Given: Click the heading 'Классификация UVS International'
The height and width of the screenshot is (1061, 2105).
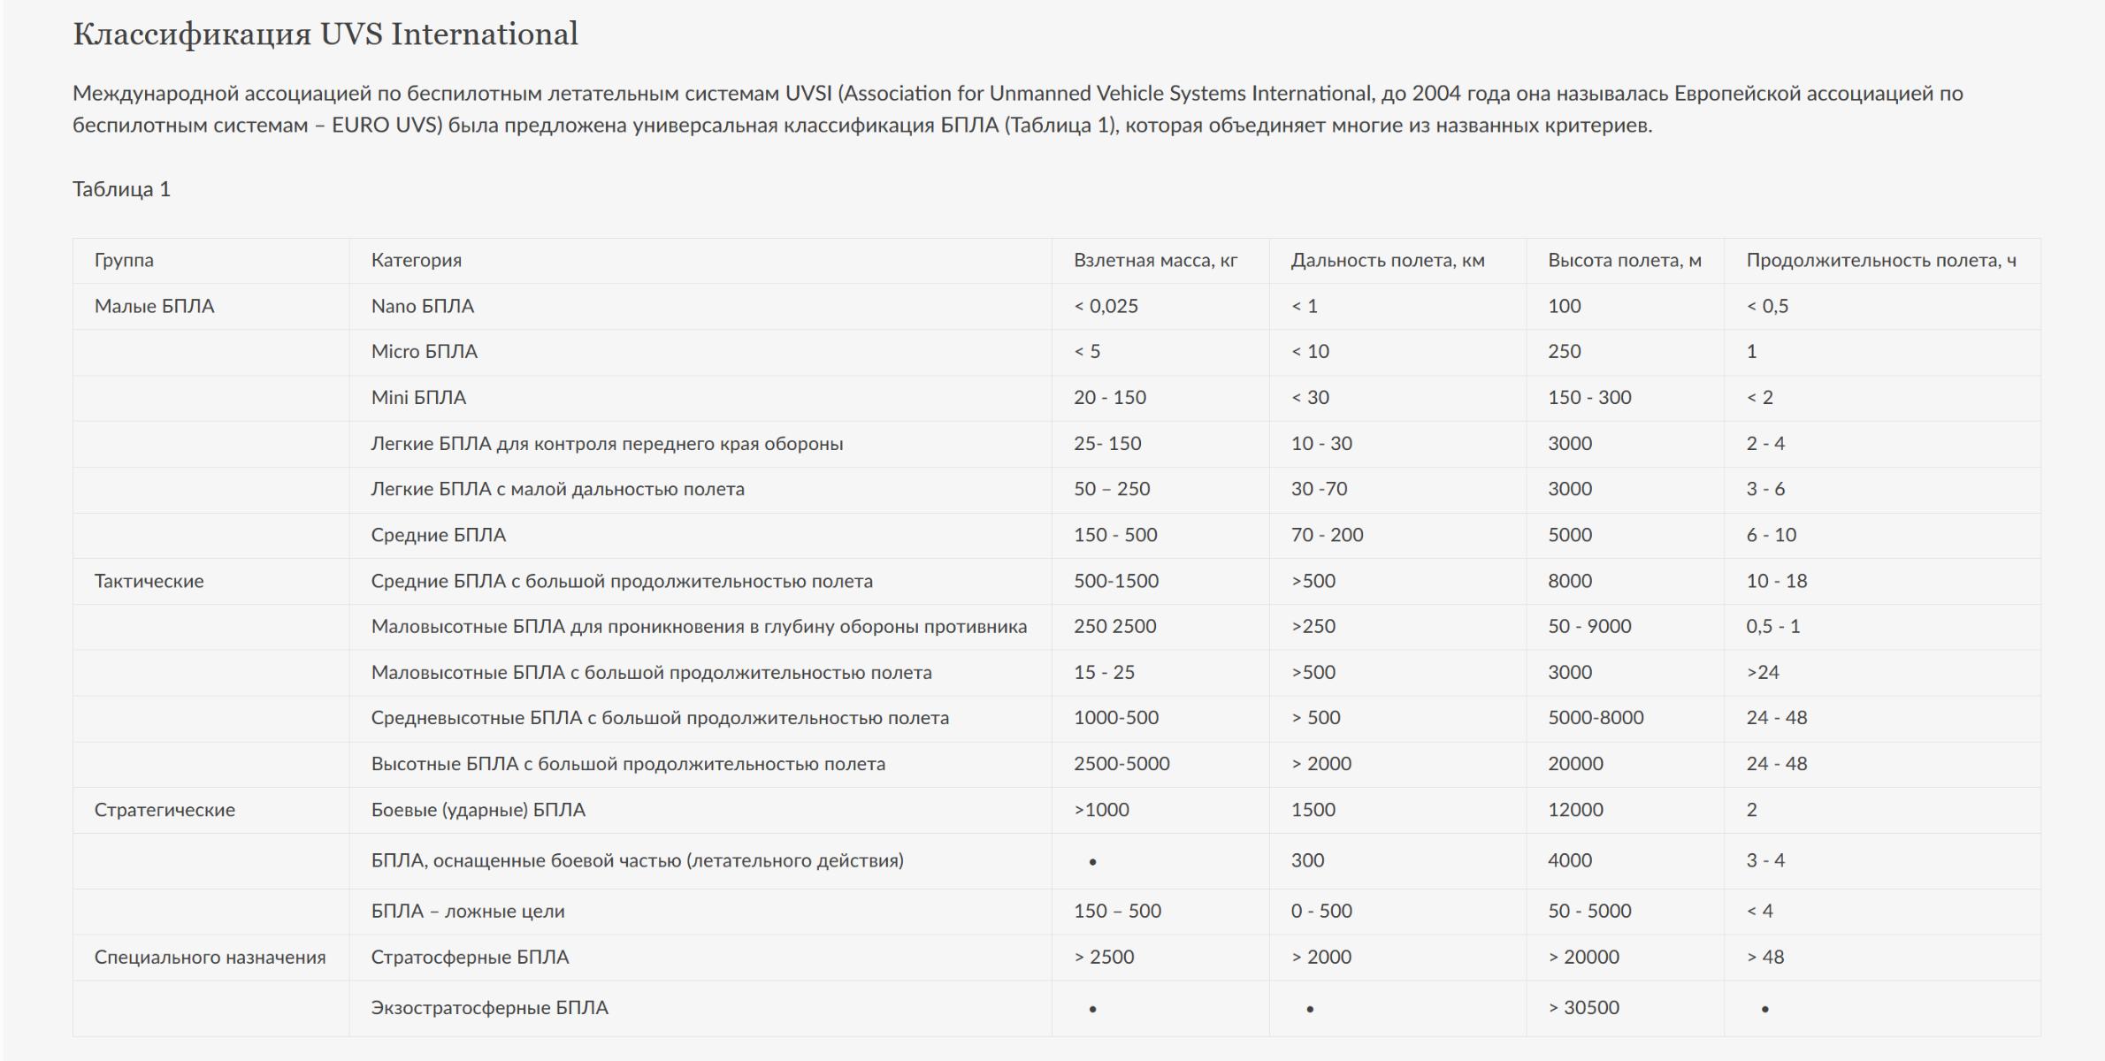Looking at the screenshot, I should (325, 34).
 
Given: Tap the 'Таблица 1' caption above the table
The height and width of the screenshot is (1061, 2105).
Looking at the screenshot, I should (121, 189).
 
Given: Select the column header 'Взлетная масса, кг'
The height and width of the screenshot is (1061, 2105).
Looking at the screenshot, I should (1155, 261).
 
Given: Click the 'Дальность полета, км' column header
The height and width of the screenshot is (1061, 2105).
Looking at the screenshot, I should (1387, 261).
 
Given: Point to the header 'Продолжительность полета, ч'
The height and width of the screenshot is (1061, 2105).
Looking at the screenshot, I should (1880, 261).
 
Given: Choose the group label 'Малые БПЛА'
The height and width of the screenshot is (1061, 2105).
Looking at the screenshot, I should (154, 307).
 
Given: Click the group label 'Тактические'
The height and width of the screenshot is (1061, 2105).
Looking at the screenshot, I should (149, 581).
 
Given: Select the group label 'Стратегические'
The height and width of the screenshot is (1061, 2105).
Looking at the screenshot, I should (165, 810).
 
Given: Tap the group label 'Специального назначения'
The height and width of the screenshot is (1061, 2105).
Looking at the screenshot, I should (210, 958).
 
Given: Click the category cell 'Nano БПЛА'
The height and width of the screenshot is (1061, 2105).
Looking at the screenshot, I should (422, 307).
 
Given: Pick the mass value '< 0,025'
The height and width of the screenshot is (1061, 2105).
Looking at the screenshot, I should (1106, 307).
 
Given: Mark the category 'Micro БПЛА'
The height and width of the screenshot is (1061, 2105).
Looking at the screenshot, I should (424, 352).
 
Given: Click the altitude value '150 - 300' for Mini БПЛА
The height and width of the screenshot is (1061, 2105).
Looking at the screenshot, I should (1588, 398).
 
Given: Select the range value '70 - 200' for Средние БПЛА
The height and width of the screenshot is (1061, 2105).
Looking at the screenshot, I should (1327, 535).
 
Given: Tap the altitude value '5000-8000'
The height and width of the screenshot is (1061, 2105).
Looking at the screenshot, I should (1595, 718).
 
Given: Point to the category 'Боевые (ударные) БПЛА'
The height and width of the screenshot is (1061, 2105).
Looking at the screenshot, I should (478, 810).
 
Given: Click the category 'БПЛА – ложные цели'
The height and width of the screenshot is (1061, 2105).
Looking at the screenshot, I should (467, 912).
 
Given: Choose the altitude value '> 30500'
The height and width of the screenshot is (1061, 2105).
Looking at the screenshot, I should (1583, 1008).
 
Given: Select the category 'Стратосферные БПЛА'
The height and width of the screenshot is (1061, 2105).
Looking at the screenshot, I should (470, 958).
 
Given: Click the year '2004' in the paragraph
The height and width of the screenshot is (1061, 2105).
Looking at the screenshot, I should (1436, 94).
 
